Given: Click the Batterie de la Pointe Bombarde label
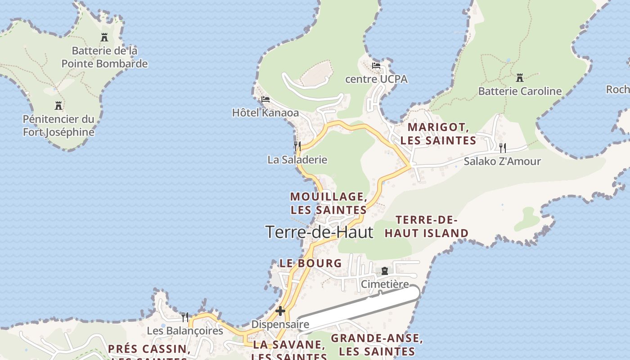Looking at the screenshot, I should click(104, 57).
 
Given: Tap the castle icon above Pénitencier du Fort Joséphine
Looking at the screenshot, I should click(58, 106).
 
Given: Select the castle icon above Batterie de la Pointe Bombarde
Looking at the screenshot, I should click(104, 37).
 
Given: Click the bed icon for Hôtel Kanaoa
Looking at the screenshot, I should click(265, 99).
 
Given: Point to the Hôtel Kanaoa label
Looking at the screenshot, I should click(265, 112).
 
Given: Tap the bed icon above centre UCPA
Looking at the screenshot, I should click(376, 66).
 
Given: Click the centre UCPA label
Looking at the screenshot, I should click(376, 79).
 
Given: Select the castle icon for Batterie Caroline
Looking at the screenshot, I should click(520, 78).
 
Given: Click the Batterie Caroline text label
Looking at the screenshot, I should click(520, 91).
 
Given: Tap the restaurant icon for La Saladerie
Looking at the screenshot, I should click(297, 146).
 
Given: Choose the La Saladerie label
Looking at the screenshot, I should click(297, 160).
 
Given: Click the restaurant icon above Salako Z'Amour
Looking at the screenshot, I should click(503, 147).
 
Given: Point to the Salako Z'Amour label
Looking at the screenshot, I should click(502, 162).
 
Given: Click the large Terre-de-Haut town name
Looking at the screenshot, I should click(319, 232).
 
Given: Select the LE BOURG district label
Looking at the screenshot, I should click(310, 263).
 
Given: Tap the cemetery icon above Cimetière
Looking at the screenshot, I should click(385, 271).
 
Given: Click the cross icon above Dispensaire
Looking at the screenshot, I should click(280, 311).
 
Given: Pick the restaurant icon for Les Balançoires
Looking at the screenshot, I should click(185, 317).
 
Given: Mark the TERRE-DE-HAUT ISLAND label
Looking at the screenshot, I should click(427, 227).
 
